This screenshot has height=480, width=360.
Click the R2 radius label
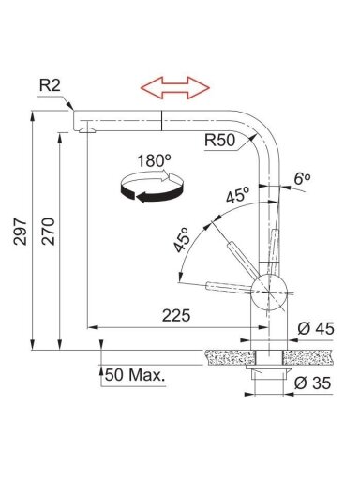click(50, 85)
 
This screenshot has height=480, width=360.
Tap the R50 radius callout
click(219, 140)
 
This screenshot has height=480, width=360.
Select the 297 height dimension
click(21, 232)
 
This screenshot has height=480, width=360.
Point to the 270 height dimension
click(49, 232)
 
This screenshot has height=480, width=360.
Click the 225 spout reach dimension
click(176, 315)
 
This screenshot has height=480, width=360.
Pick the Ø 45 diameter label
click(316, 328)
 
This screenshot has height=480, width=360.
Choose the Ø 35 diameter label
click(312, 382)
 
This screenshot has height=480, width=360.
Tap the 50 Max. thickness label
click(135, 375)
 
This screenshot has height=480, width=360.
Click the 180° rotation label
click(154, 160)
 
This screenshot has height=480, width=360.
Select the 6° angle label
click(302, 179)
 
